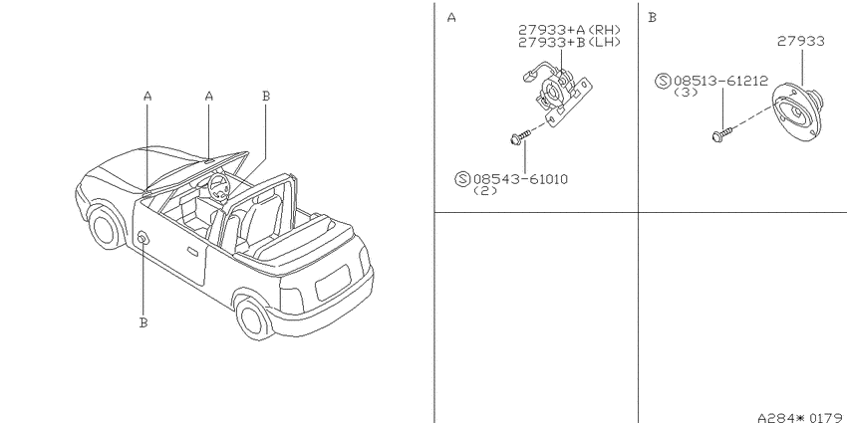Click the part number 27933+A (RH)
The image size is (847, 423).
click(x=569, y=30)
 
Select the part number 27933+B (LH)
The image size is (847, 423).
click(x=569, y=42)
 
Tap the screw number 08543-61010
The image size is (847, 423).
click(x=520, y=179)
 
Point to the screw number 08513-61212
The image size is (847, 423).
click(x=720, y=82)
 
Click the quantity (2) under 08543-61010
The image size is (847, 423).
click(x=484, y=191)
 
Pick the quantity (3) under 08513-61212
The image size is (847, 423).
click(x=686, y=93)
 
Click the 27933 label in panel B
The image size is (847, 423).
click(x=801, y=41)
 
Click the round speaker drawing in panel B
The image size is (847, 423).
click(x=796, y=112)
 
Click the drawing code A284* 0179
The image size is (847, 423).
click(x=802, y=417)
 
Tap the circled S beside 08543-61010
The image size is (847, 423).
click(x=462, y=178)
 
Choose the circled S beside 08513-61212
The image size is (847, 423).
click(x=663, y=81)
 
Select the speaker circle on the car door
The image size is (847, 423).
click(x=143, y=238)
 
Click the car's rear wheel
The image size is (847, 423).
click(x=253, y=318)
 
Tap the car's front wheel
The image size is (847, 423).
click(x=106, y=227)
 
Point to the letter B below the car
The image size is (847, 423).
click(x=143, y=322)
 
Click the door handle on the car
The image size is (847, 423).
click(x=192, y=252)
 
